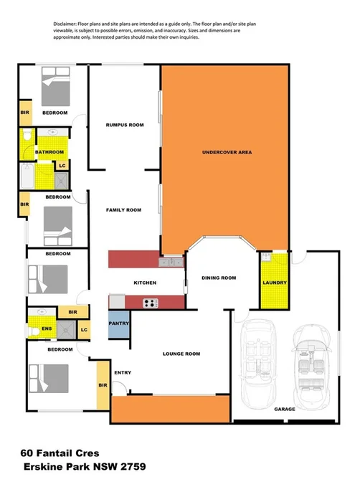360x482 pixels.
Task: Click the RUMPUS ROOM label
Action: [125, 125]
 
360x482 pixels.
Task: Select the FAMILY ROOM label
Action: [123, 210]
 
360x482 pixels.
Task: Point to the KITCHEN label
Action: [145, 283]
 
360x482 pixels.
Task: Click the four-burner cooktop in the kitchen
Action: [149, 302]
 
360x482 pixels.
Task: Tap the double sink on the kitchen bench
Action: [166, 263]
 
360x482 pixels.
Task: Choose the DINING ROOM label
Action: [219, 278]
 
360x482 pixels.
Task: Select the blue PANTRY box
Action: [118, 323]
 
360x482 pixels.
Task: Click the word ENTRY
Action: [123, 372]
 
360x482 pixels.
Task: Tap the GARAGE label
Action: [284, 410]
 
